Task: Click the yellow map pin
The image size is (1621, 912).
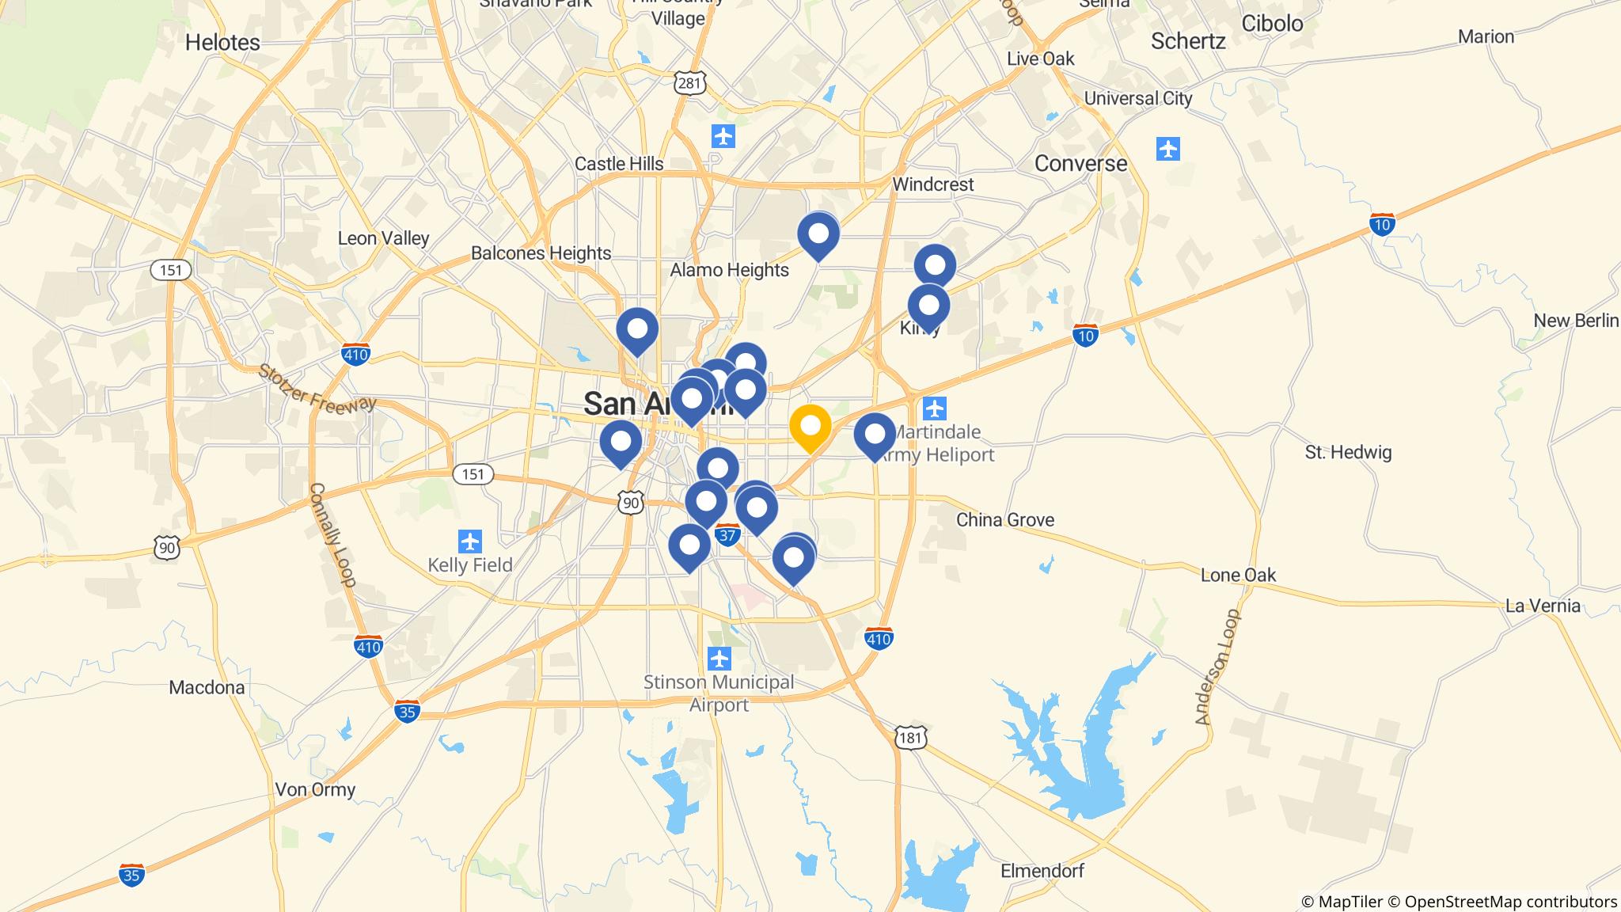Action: click(810, 427)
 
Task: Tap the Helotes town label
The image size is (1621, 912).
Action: click(222, 43)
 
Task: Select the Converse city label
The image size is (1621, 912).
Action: click(1080, 164)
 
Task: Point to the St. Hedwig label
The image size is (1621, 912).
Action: click(1348, 453)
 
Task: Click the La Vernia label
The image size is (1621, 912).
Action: click(1543, 606)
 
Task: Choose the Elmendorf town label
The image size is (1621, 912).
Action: click(1042, 871)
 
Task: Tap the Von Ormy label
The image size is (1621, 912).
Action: click(315, 789)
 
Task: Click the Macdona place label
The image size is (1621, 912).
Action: click(207, 687)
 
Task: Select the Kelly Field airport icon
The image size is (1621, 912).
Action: click(470, 542)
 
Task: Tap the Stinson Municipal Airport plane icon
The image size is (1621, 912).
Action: click(719, 658)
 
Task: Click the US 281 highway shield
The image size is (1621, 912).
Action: click(690, 83)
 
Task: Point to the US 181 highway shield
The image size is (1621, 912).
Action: click(911, 738)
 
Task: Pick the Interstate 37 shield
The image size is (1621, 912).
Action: click(727, 535)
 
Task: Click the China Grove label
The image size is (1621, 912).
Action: click(1005, 520)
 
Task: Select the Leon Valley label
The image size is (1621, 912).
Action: click(383, 238)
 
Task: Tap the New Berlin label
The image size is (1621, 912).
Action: click(1576, 321)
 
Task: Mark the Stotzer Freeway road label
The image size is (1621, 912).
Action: click(317, 388)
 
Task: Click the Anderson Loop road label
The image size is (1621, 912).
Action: click(1217, 667)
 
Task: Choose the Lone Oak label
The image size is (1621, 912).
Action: click(1238, 576)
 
